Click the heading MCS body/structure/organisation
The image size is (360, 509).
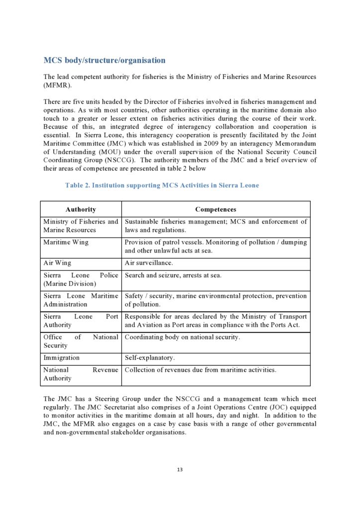click(104, 61)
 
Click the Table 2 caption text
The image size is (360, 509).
click(162, 185)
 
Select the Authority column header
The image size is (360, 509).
click(81, 209)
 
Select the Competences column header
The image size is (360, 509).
click(215, 209)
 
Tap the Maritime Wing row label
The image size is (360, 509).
click(66, 242)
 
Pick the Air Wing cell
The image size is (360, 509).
click(57, 263)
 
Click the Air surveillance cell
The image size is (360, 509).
click(149, 263)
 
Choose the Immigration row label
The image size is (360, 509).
click(61, 357)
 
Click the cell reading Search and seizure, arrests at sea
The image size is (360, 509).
click(173, 275)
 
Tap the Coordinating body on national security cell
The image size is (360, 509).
click(182, 337)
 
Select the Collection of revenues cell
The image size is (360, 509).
click(200, 370)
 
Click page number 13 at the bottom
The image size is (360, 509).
click(180, 470)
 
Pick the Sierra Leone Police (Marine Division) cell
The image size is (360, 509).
click(81, 279)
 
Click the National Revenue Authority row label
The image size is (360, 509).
click(81, 374)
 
